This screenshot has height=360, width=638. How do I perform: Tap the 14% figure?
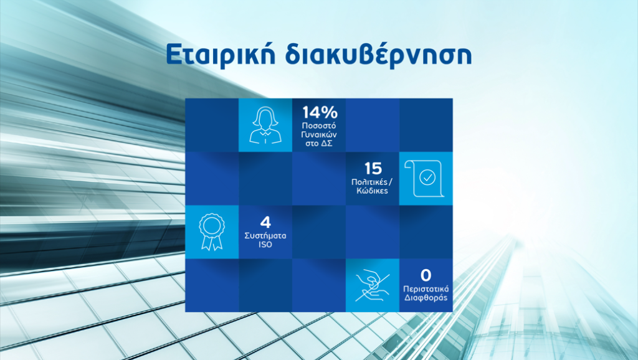(x=320, y=112)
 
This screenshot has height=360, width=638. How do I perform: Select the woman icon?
(x=265, y=125)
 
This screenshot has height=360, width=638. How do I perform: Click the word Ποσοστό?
(x=319, y=126)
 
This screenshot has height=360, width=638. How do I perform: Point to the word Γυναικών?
(x=319, y=135)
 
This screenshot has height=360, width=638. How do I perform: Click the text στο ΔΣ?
(x=319, y=143)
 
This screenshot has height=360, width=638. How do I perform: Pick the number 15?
(x=373, y=168)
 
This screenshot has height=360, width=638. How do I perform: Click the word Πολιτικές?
(x=369, y=182)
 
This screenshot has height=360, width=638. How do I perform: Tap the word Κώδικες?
(x=373, y=191)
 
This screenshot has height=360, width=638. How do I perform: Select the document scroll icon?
(x=424, y=179)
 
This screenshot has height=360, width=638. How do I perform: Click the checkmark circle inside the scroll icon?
(x=427, y=178)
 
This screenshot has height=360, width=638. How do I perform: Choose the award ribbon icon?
(x=212, y=232)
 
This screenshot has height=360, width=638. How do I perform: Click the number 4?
(x=265, y=222)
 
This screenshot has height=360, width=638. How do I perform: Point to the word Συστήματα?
(x=265, y=235)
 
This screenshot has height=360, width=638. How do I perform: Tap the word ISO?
(x=265, y=245)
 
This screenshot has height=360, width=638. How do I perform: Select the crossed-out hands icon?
(x=373, y=285)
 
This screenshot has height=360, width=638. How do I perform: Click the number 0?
(x=426, y=275)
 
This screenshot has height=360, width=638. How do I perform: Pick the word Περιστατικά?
(x=426, y=289)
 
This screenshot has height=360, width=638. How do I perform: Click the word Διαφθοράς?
(x=426, y=298)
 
